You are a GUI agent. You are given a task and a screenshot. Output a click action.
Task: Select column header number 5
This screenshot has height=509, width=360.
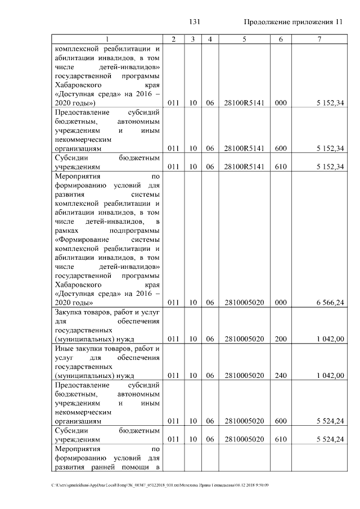click(x=244, y=39)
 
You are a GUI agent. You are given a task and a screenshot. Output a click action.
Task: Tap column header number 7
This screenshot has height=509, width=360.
click(x=319, y=39)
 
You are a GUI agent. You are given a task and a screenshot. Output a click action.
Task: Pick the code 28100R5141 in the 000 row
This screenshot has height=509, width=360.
click(x=244, y=103)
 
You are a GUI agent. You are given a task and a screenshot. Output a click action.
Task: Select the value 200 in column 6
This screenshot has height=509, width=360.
click(x=281, y=339)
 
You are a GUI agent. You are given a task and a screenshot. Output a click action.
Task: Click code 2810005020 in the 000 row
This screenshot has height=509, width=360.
click(x=244, y=303)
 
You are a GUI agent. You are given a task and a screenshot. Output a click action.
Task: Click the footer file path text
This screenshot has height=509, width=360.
click(x=160, y=485)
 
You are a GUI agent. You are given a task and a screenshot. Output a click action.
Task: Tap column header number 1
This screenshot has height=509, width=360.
click(x=106, y=39)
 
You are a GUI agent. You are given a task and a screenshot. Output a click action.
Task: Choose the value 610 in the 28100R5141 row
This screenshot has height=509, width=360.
click(x=281, y=167)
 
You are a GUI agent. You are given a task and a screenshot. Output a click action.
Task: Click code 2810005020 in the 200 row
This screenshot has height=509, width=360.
click(x=244, y=339)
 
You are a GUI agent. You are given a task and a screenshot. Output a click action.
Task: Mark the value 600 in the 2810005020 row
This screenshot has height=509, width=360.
click(x=281, y=421)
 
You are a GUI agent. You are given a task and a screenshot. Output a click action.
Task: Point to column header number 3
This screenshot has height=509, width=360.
click(x=193, y=39)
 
